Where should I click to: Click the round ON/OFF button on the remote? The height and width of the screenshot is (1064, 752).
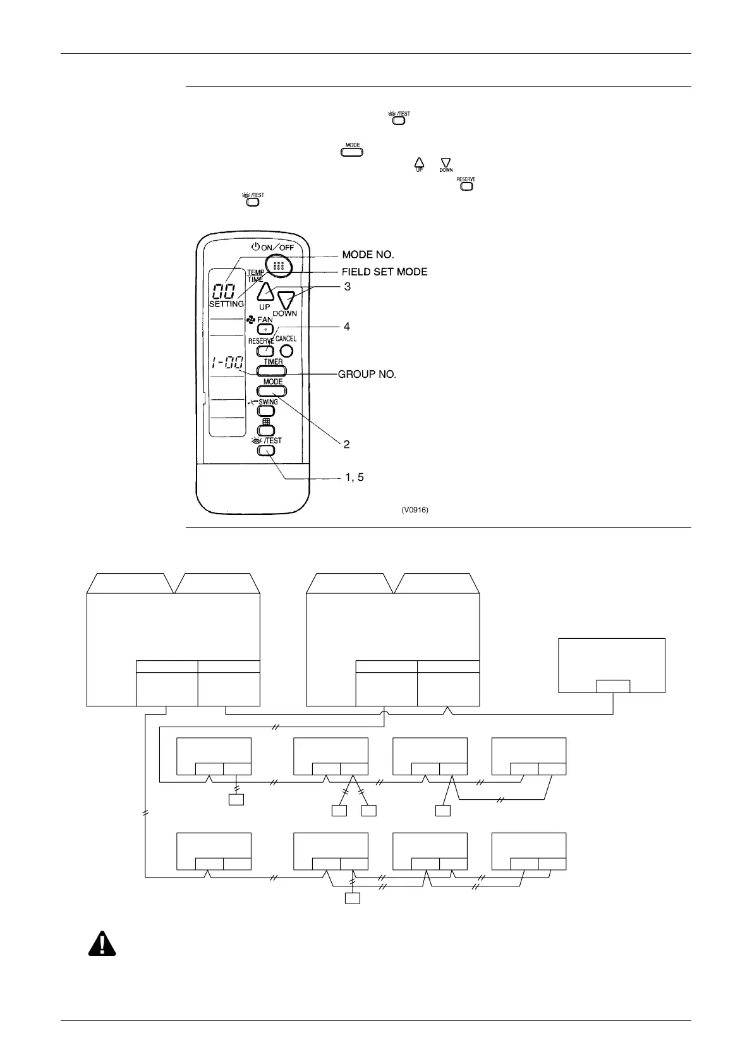click(x=279, y=266)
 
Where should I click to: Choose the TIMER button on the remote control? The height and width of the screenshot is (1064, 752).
click(x=272, y=372)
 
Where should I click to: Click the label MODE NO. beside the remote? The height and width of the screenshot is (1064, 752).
click(x=368, y=255)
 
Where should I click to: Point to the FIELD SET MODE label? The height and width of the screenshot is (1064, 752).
click(x=385, y=272)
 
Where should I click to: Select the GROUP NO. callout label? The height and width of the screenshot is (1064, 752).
click(x=367, y=374)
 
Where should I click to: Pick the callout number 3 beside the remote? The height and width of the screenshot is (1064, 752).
click(x=347, y=286)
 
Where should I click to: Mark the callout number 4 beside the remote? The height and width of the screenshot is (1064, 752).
click(x=346, y=327)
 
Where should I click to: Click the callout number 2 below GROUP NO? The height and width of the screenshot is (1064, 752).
click(x=346, y=444)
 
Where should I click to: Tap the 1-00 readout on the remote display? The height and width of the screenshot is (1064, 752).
click(x=227, y=365)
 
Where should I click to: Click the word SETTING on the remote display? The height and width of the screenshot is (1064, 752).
click(x=226, y=304)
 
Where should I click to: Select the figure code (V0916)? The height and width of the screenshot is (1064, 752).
click(x=415, y=510)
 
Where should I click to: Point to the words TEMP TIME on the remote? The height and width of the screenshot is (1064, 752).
click(x=255, y=275)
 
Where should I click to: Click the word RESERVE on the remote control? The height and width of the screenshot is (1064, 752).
click(x=260, y=341)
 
